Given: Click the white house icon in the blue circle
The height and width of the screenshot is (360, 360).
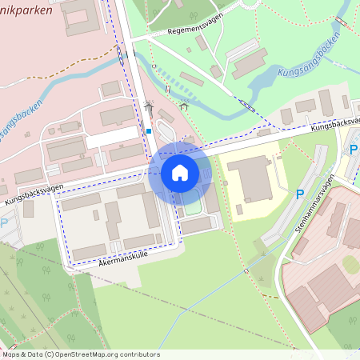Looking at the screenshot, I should click(180, 172).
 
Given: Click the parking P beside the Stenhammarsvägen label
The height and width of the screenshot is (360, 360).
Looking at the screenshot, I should click(300, 194).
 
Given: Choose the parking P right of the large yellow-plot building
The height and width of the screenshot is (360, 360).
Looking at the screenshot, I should click(354, 149).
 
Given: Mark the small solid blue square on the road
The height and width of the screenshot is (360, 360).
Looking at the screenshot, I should click(149, 131).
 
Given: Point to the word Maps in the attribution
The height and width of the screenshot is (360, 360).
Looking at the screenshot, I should click(11, 354).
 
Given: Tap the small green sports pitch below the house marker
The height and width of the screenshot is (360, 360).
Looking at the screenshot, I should click(193, 207).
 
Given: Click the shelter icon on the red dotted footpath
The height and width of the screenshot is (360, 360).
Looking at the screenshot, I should click(184, 104).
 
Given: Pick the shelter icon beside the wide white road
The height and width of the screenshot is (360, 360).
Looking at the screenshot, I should click(148, 105).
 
